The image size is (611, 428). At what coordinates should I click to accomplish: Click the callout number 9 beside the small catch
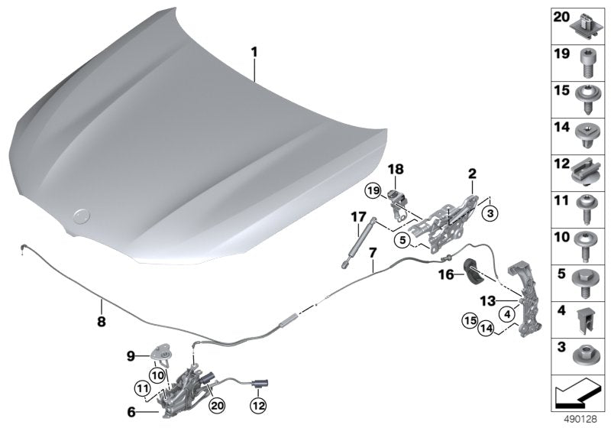130,355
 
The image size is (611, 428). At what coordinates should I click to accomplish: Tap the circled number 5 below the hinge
402,238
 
